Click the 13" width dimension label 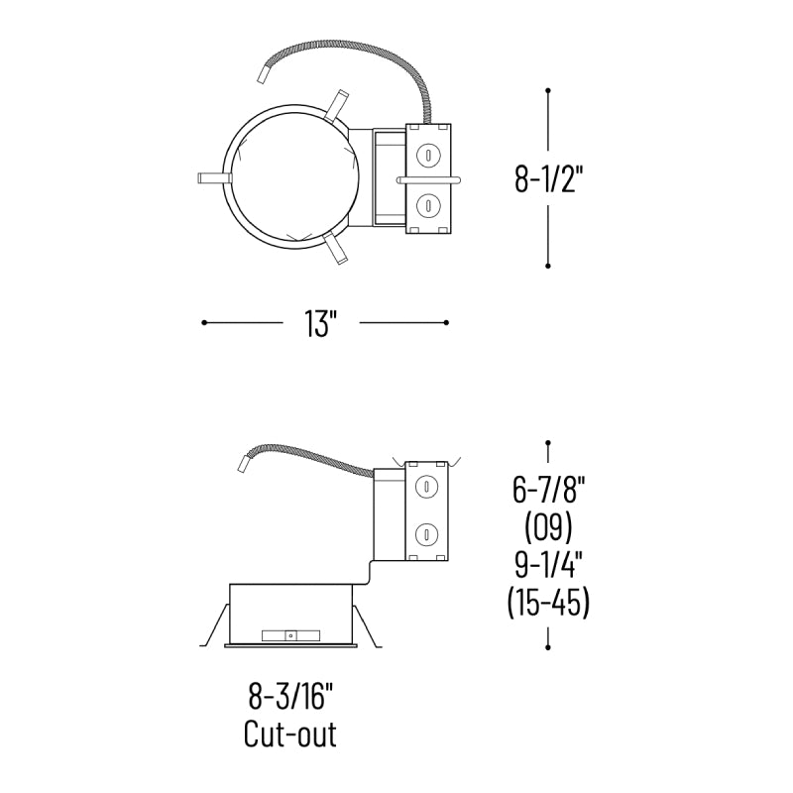pyautogui.click(x=320, y=323)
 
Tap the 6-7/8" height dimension pyautogui.click(x=549, y=490)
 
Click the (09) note pyautogui.click(x=549, y=527)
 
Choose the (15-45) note pyautogui.click(x=549, y=602)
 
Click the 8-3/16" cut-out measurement pyautogui.click(x=291, y=696)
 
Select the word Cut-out pyautogui.click(x=290, y=734)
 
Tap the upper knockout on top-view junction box pyautogui.click(x=428, y=155)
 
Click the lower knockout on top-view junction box pyautogui.click(x=428, y=205)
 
